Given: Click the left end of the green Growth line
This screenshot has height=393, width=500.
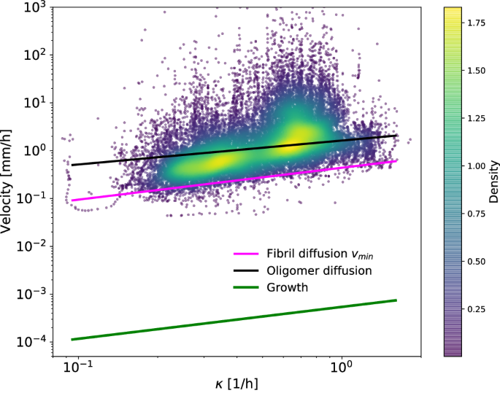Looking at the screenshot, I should [72, 339].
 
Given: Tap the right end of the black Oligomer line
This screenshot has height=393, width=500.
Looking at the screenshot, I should [396, 135].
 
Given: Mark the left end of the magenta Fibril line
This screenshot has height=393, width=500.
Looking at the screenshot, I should [72, 201].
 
